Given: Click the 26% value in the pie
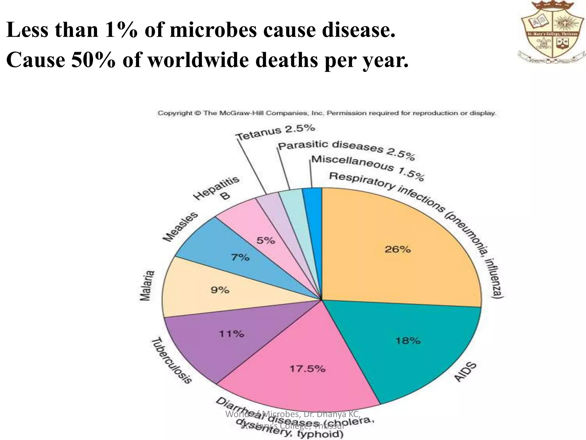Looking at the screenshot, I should point(397,250).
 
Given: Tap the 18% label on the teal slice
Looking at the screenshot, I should point(408,341).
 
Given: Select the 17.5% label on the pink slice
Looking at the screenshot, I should point(307,369).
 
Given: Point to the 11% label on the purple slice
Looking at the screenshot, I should point(231,334).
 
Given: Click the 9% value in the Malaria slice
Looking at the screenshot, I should point(220,290).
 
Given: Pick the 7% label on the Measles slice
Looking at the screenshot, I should point(240,258).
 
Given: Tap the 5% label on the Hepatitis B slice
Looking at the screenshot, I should point(266,240).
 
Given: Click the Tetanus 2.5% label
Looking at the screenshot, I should point(276,133).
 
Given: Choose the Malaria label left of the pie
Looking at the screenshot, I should point(147,286).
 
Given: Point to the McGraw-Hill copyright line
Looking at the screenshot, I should point(326,113).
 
